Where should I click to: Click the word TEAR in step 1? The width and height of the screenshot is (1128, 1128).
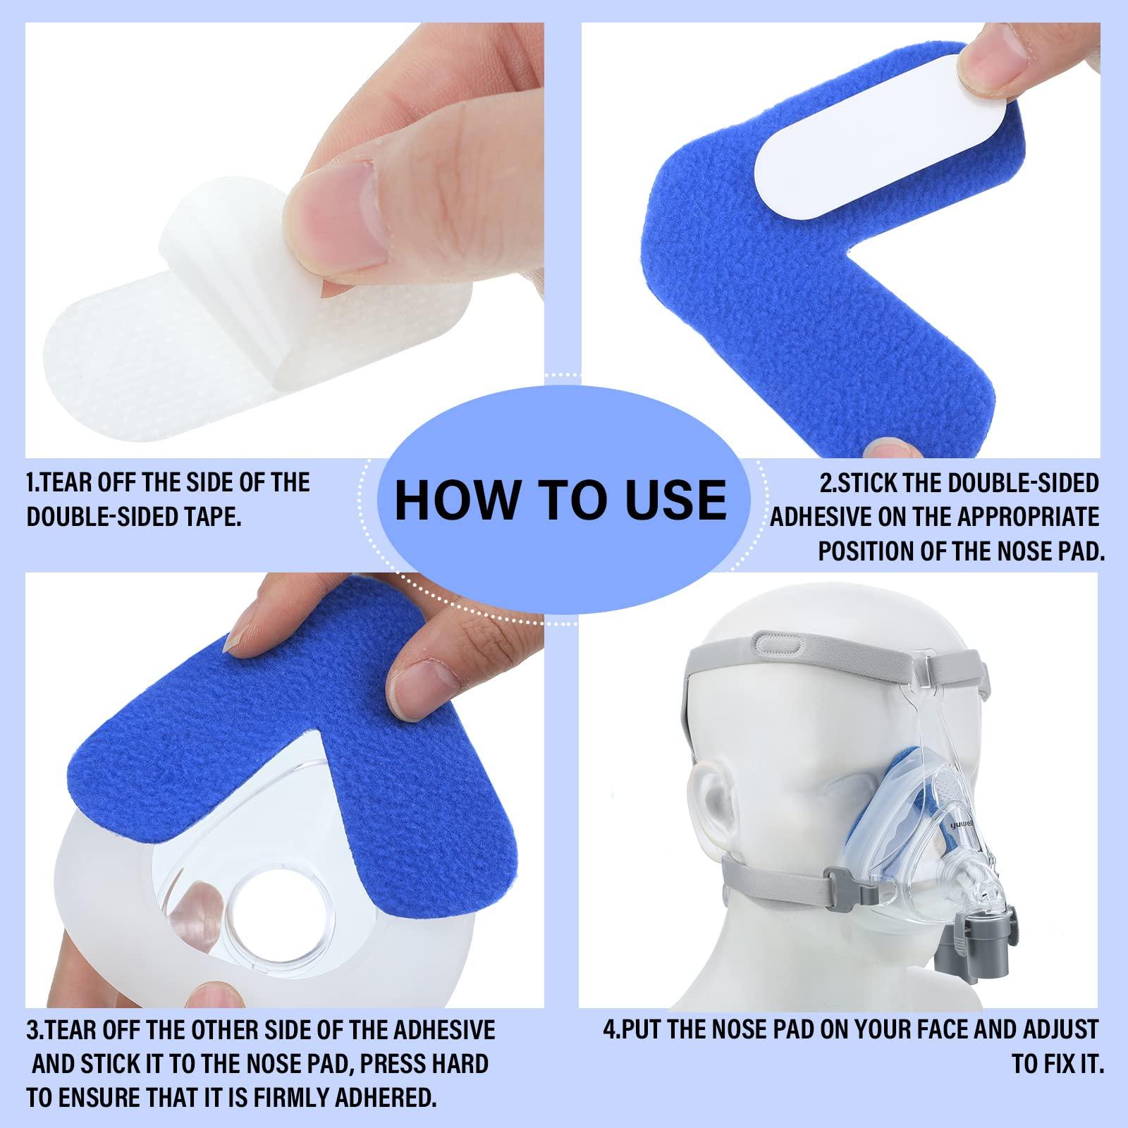(69, 483)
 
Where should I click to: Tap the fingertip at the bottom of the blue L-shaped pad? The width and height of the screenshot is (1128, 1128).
(889, 448)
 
